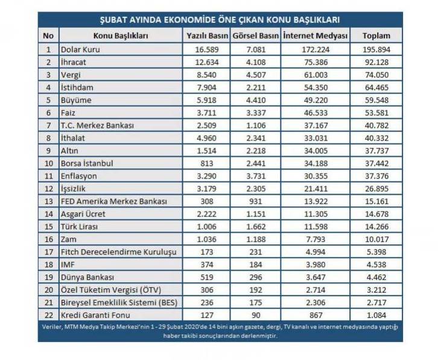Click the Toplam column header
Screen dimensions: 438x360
376,36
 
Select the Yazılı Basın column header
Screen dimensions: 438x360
207,36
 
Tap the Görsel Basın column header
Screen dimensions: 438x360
256,36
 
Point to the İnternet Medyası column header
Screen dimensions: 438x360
316,36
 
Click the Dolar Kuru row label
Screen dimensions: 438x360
80,49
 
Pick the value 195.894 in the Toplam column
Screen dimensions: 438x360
376,49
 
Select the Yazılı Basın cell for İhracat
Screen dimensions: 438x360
207,62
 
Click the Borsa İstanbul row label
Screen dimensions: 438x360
87,163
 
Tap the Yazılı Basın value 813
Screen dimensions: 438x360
207,163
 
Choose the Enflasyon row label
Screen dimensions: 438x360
79,176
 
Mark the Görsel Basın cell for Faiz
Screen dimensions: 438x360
256,113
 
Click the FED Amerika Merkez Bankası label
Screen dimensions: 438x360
114,201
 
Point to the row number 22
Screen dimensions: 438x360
49,315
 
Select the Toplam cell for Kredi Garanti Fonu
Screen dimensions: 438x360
376,315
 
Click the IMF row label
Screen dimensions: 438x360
68,265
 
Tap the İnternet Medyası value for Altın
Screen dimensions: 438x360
316,151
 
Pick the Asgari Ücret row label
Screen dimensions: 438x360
83,214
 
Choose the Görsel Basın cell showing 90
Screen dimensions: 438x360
256,315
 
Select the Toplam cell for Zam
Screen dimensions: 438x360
376,239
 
